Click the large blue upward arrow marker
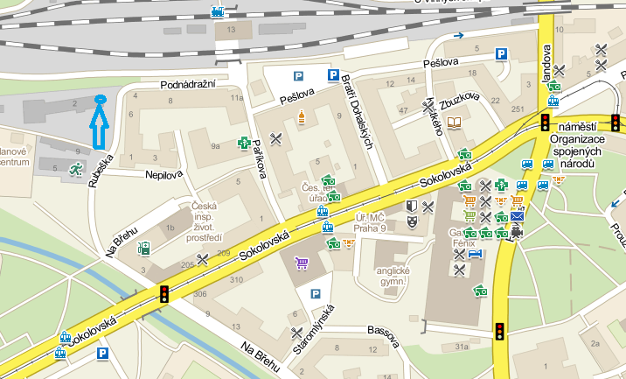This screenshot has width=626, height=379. (x=99, y=122)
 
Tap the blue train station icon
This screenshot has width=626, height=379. (x=218, y=12)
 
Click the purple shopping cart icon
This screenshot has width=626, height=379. (x=302, y=262)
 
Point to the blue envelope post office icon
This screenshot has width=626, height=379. (x=518, y=215)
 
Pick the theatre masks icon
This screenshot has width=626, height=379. (x=411, y=207)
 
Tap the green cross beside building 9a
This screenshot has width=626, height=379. (x=246, y=143)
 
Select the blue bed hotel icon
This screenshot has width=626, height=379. (x=475, y=254)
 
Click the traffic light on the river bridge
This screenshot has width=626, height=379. (x=163, y=295)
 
